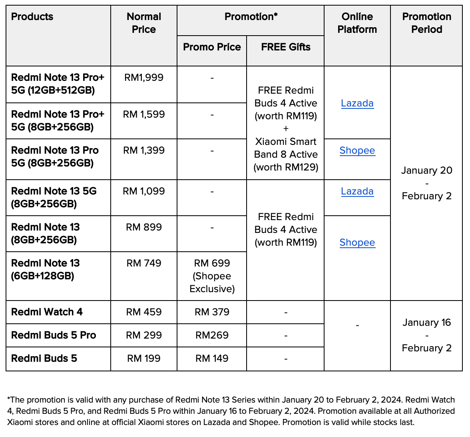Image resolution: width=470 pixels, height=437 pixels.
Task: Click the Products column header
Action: click(32, 17)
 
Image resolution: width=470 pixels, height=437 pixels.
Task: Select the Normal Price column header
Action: click(144, 23)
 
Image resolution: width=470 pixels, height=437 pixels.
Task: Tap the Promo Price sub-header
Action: click(212, 47)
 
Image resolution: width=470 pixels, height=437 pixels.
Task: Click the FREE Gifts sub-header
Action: click(286, 47)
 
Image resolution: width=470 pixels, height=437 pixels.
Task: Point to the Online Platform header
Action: click(357, 23)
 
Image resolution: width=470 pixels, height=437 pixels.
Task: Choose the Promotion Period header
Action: click(426, 23)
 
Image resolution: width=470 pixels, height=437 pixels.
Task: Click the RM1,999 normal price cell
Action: click(144, 78)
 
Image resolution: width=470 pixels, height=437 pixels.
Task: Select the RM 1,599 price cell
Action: click(144, 114)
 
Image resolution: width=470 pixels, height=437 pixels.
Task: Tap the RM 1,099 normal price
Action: click(144, 191)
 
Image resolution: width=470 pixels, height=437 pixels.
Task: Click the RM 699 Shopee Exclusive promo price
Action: click(212, 276)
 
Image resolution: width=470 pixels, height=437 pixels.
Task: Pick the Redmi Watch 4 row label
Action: click(47, 312)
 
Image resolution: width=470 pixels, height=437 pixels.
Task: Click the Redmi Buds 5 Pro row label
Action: click(54, 335)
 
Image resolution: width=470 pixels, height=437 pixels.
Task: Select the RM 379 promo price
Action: click(212, 312)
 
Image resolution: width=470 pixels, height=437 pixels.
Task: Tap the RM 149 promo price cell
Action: click(212, 359)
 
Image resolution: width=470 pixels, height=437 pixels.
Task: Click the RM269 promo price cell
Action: click(212, 335)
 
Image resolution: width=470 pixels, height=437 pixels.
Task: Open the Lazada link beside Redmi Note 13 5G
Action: click(357, 192)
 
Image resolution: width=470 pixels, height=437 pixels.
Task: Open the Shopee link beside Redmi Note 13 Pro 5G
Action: click(357, 151)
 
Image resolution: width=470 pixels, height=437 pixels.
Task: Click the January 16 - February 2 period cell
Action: click(426, 335)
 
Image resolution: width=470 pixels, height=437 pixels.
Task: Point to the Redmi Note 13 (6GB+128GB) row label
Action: click(46, 269)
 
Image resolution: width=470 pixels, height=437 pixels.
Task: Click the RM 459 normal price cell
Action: click(144, 312)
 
